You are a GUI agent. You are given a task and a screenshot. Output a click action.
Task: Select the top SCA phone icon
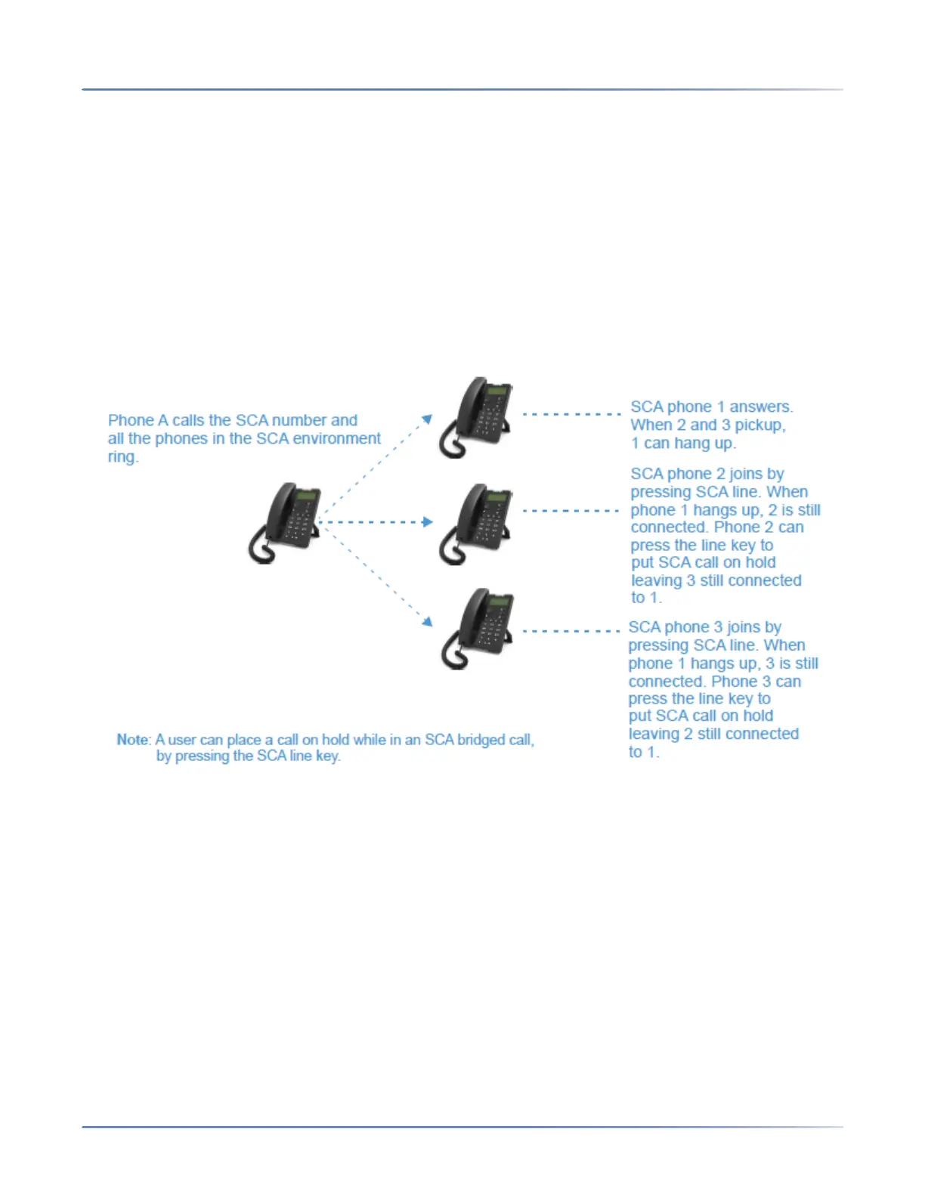tap(476, 416)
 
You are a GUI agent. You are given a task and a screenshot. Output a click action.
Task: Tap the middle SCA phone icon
tap(476, 522)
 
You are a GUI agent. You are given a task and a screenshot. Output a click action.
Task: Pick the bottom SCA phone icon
tap(478, 628)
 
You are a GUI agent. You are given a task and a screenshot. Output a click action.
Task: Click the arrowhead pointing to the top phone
tap(427, 419)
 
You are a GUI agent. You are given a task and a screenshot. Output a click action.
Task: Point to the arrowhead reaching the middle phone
tap(428, 522)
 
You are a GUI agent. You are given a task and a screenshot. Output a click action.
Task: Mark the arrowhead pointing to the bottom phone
tap(427, 621)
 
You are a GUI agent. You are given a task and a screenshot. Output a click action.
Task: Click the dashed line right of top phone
tap(571, 414)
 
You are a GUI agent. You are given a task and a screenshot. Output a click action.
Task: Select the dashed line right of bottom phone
tap(571, 630)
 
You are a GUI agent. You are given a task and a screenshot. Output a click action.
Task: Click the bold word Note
tap(134, 740)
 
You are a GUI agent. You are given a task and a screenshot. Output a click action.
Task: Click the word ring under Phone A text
tap(122, 457)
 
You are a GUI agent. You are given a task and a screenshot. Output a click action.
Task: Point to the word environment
tap(336, 439)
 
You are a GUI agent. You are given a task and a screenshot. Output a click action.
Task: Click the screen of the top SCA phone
tap(497, 391)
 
